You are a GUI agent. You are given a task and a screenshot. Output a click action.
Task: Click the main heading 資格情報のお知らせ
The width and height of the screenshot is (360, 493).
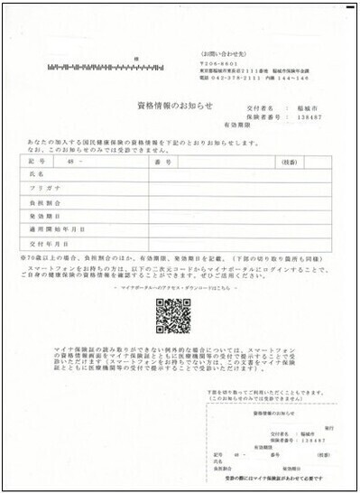180,107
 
